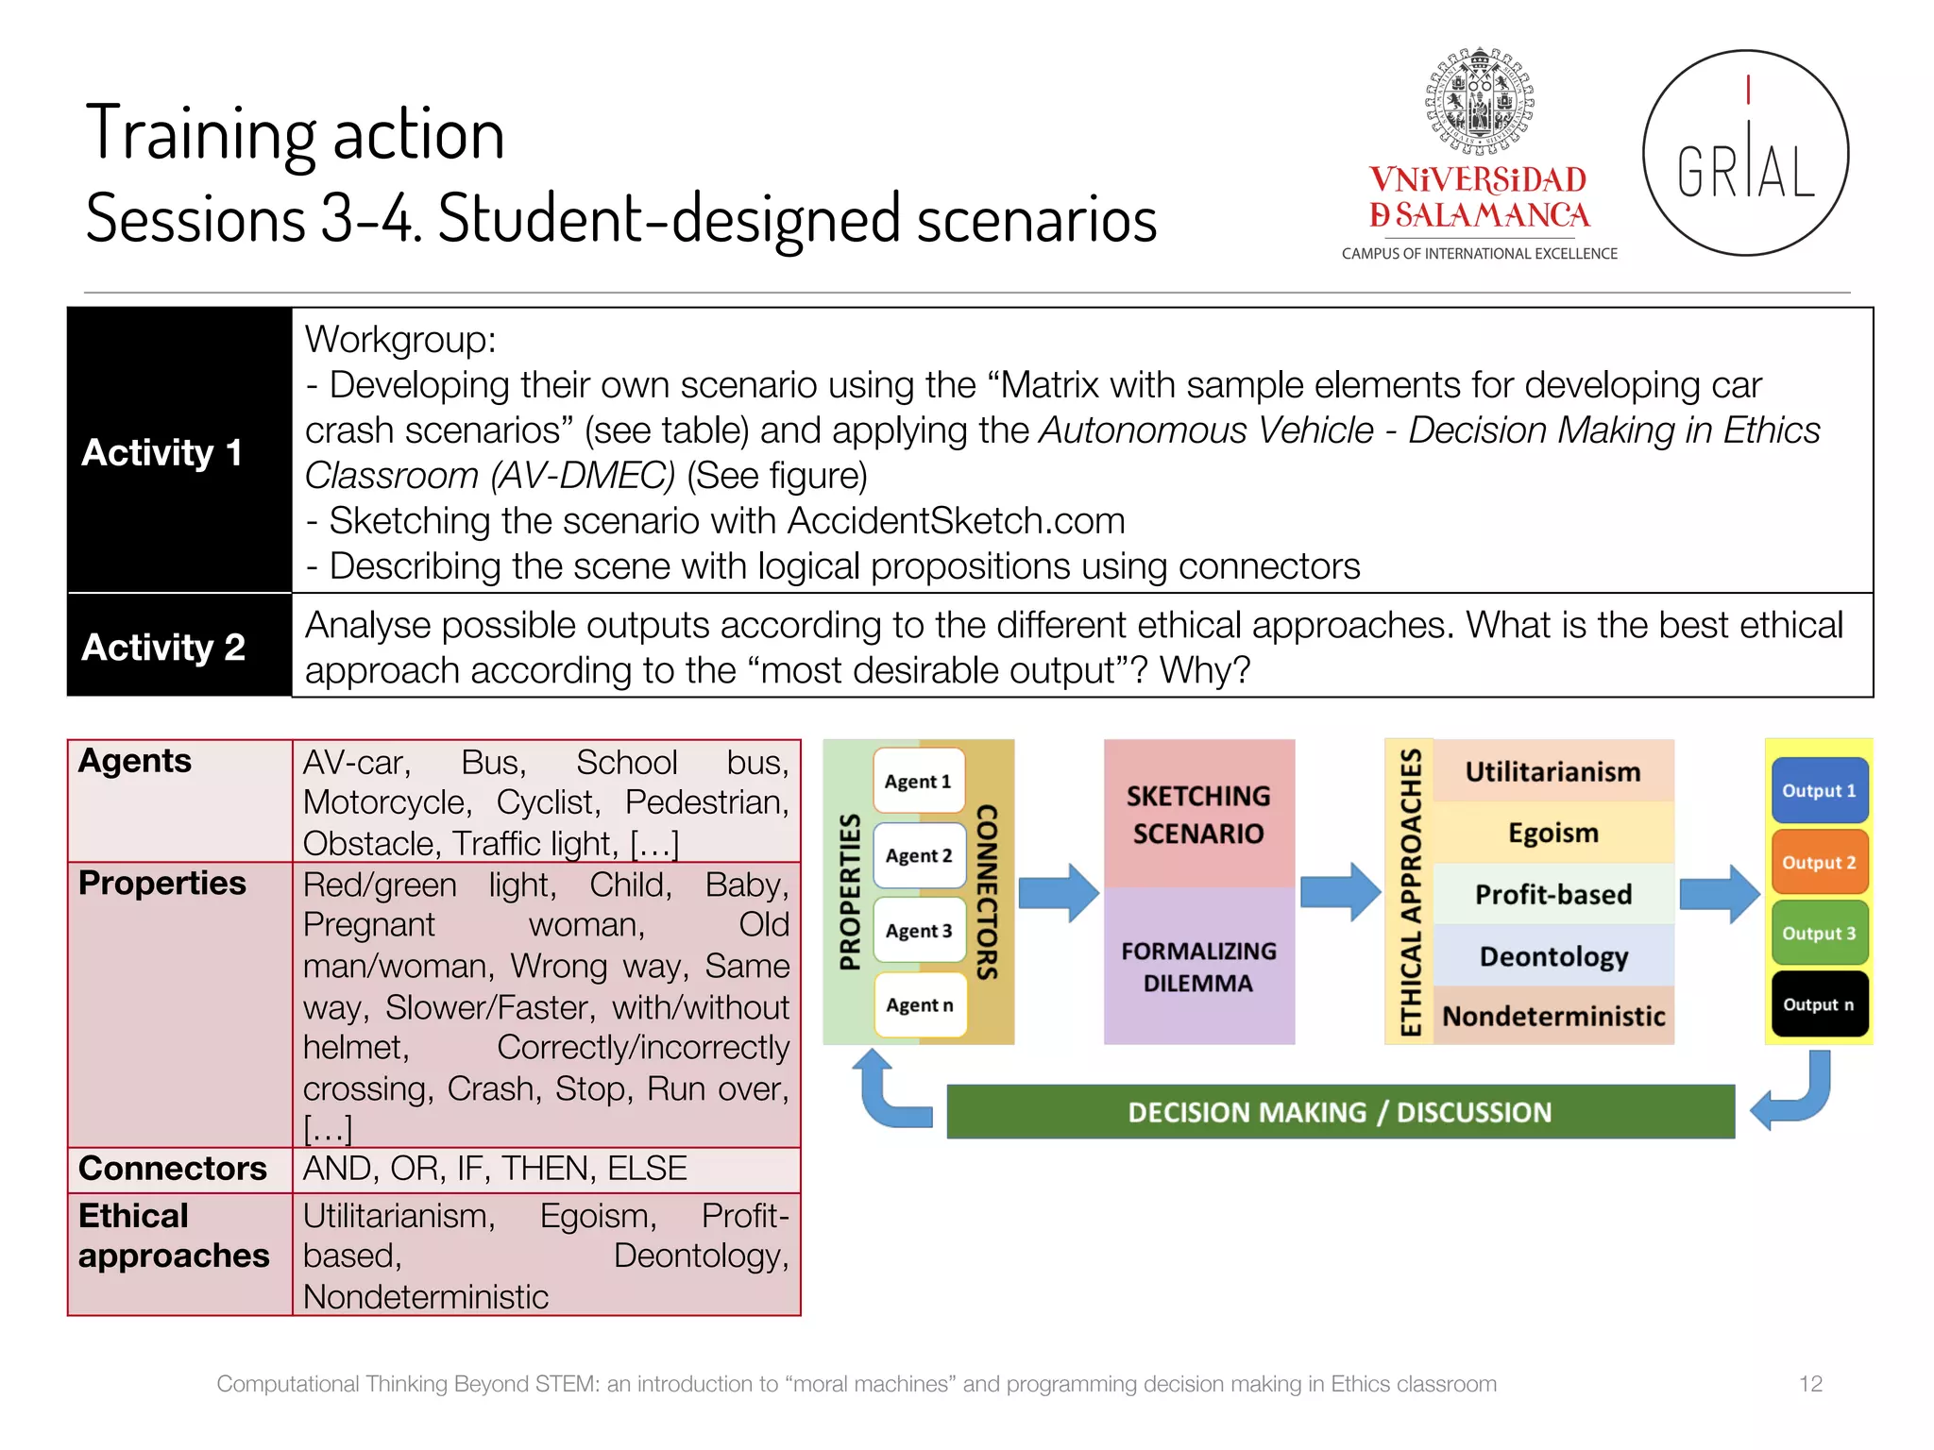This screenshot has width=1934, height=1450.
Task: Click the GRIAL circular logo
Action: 1745,153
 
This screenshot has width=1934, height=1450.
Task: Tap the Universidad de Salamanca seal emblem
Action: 1479,101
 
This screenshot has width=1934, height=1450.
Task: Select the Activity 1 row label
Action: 162,452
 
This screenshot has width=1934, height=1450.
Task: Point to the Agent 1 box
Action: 918,781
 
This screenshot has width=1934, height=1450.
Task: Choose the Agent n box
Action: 919,1005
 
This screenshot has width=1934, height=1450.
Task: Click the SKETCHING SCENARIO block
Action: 1198,814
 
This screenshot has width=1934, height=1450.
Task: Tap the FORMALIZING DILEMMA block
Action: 1198,967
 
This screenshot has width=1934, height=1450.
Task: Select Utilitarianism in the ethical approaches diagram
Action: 1552,771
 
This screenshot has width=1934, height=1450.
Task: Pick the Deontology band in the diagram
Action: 1553,956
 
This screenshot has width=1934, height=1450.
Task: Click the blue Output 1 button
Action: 1819,791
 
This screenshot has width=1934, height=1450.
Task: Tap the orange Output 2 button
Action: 1819,862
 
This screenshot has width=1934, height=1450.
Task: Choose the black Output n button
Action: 1819,1004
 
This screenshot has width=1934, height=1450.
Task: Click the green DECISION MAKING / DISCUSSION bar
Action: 1339,1112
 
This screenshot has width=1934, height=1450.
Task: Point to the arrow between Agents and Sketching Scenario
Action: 1059,892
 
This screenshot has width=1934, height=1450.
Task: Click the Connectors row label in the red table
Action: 173,1169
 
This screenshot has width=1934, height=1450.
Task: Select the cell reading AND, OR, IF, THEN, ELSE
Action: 495,1169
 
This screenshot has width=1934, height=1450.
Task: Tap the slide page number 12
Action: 1810,1384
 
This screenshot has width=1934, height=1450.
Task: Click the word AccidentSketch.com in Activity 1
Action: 956,521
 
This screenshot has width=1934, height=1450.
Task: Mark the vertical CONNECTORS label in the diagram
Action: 988,892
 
